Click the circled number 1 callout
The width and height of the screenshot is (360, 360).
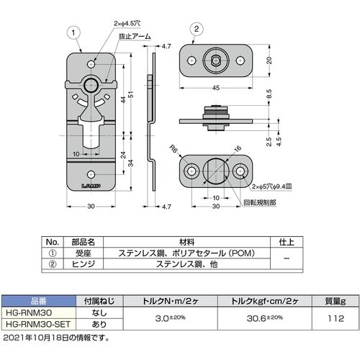point(72,32)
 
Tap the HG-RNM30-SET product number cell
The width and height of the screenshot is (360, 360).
point(36,325)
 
